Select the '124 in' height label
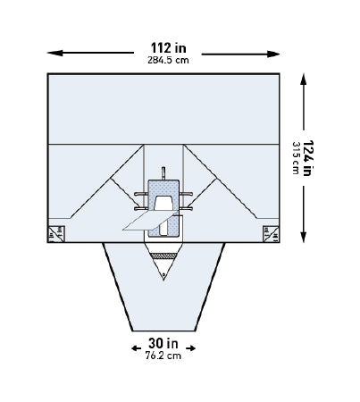[310, 158]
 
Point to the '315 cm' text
[296, 158]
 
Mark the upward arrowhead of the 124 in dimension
[306, 78]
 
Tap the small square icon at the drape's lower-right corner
[269, 234]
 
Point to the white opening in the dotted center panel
[163, 204]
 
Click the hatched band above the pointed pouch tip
[163, 259]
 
